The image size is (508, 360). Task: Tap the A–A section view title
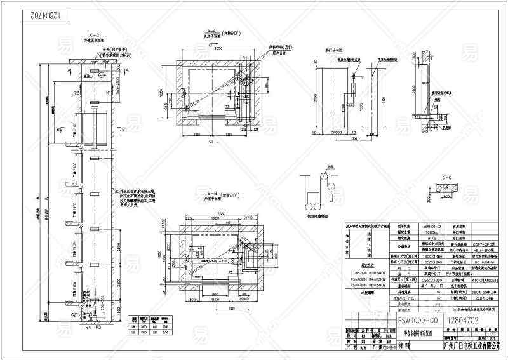(x=209, y=30)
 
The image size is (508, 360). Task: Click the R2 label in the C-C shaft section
(x=76, y=93)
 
